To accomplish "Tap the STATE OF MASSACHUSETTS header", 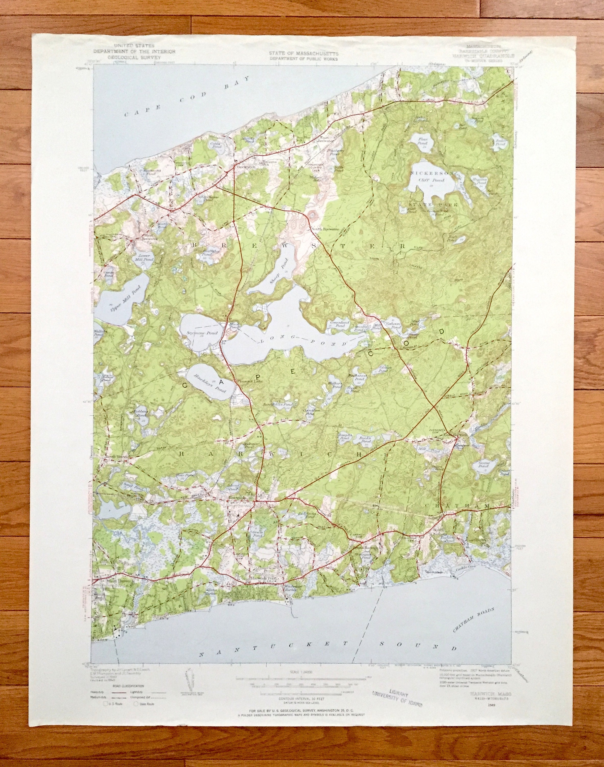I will (x=303, y=53).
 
